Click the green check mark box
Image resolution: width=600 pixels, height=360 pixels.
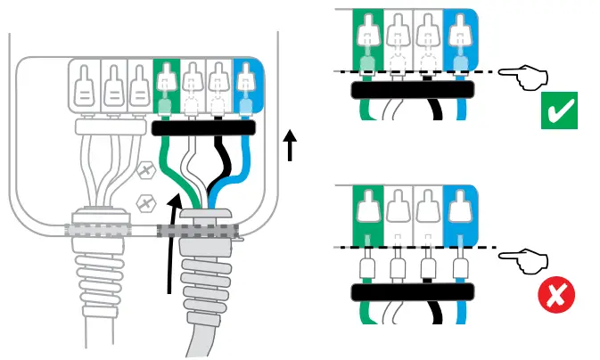(x=559, y=111)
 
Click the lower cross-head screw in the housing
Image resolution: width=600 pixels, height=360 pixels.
(x=140, y=204)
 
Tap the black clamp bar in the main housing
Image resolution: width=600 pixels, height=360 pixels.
(x=204, y=127)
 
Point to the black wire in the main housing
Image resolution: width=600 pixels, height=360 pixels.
(x=224, y=165)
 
